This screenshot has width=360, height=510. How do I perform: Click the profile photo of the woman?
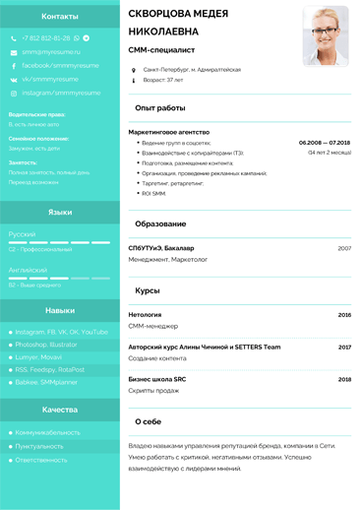click(x=326, y=36)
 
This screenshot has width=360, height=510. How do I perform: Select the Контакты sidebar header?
click(x=60, y=17)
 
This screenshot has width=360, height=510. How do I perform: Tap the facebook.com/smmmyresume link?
click(x=60, y=65)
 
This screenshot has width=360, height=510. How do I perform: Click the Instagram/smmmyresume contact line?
click(x=61, y=93)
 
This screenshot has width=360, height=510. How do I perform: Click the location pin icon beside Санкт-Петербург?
click(x=134, y=70)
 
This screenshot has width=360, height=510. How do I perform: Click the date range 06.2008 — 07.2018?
click(x=325, y=143)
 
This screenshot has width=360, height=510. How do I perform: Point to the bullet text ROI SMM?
click(x=153, y=193)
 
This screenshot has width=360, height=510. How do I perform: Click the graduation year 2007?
click(x=344, y=248)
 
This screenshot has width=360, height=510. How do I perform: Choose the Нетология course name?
click(x=146, y=315)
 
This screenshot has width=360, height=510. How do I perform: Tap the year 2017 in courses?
click(x=344, y=347)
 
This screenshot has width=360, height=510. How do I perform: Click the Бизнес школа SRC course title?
click(x=157, y=379)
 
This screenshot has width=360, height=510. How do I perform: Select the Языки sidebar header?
click(x=60, y=212)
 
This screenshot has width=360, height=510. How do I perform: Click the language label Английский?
click(x=28, y=269)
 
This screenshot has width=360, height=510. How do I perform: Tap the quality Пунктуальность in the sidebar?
click(x=40, y=446)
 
